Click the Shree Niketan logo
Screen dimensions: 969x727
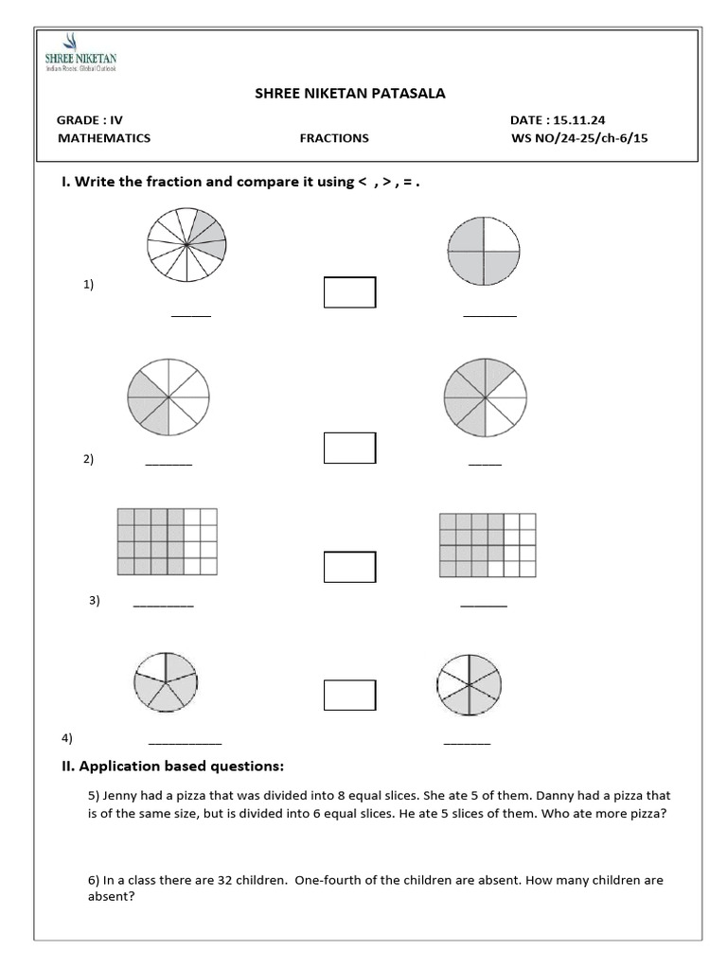point(80,54)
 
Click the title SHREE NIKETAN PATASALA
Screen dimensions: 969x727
point(350,93)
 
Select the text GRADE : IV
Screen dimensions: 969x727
point(90,120)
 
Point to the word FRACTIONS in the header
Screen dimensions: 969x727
point(334,138)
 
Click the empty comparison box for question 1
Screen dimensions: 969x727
point(349,292)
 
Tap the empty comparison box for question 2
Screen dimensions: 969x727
point(349,448)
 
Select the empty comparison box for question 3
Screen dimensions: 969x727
point(349,567)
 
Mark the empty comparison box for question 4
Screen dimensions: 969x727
point(349,695)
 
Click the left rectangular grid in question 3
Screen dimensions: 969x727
point(167,542)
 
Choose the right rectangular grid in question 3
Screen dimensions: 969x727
point(488,545)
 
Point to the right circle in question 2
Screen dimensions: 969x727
point(484,396)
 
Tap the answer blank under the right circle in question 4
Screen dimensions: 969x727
point(468,744)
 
